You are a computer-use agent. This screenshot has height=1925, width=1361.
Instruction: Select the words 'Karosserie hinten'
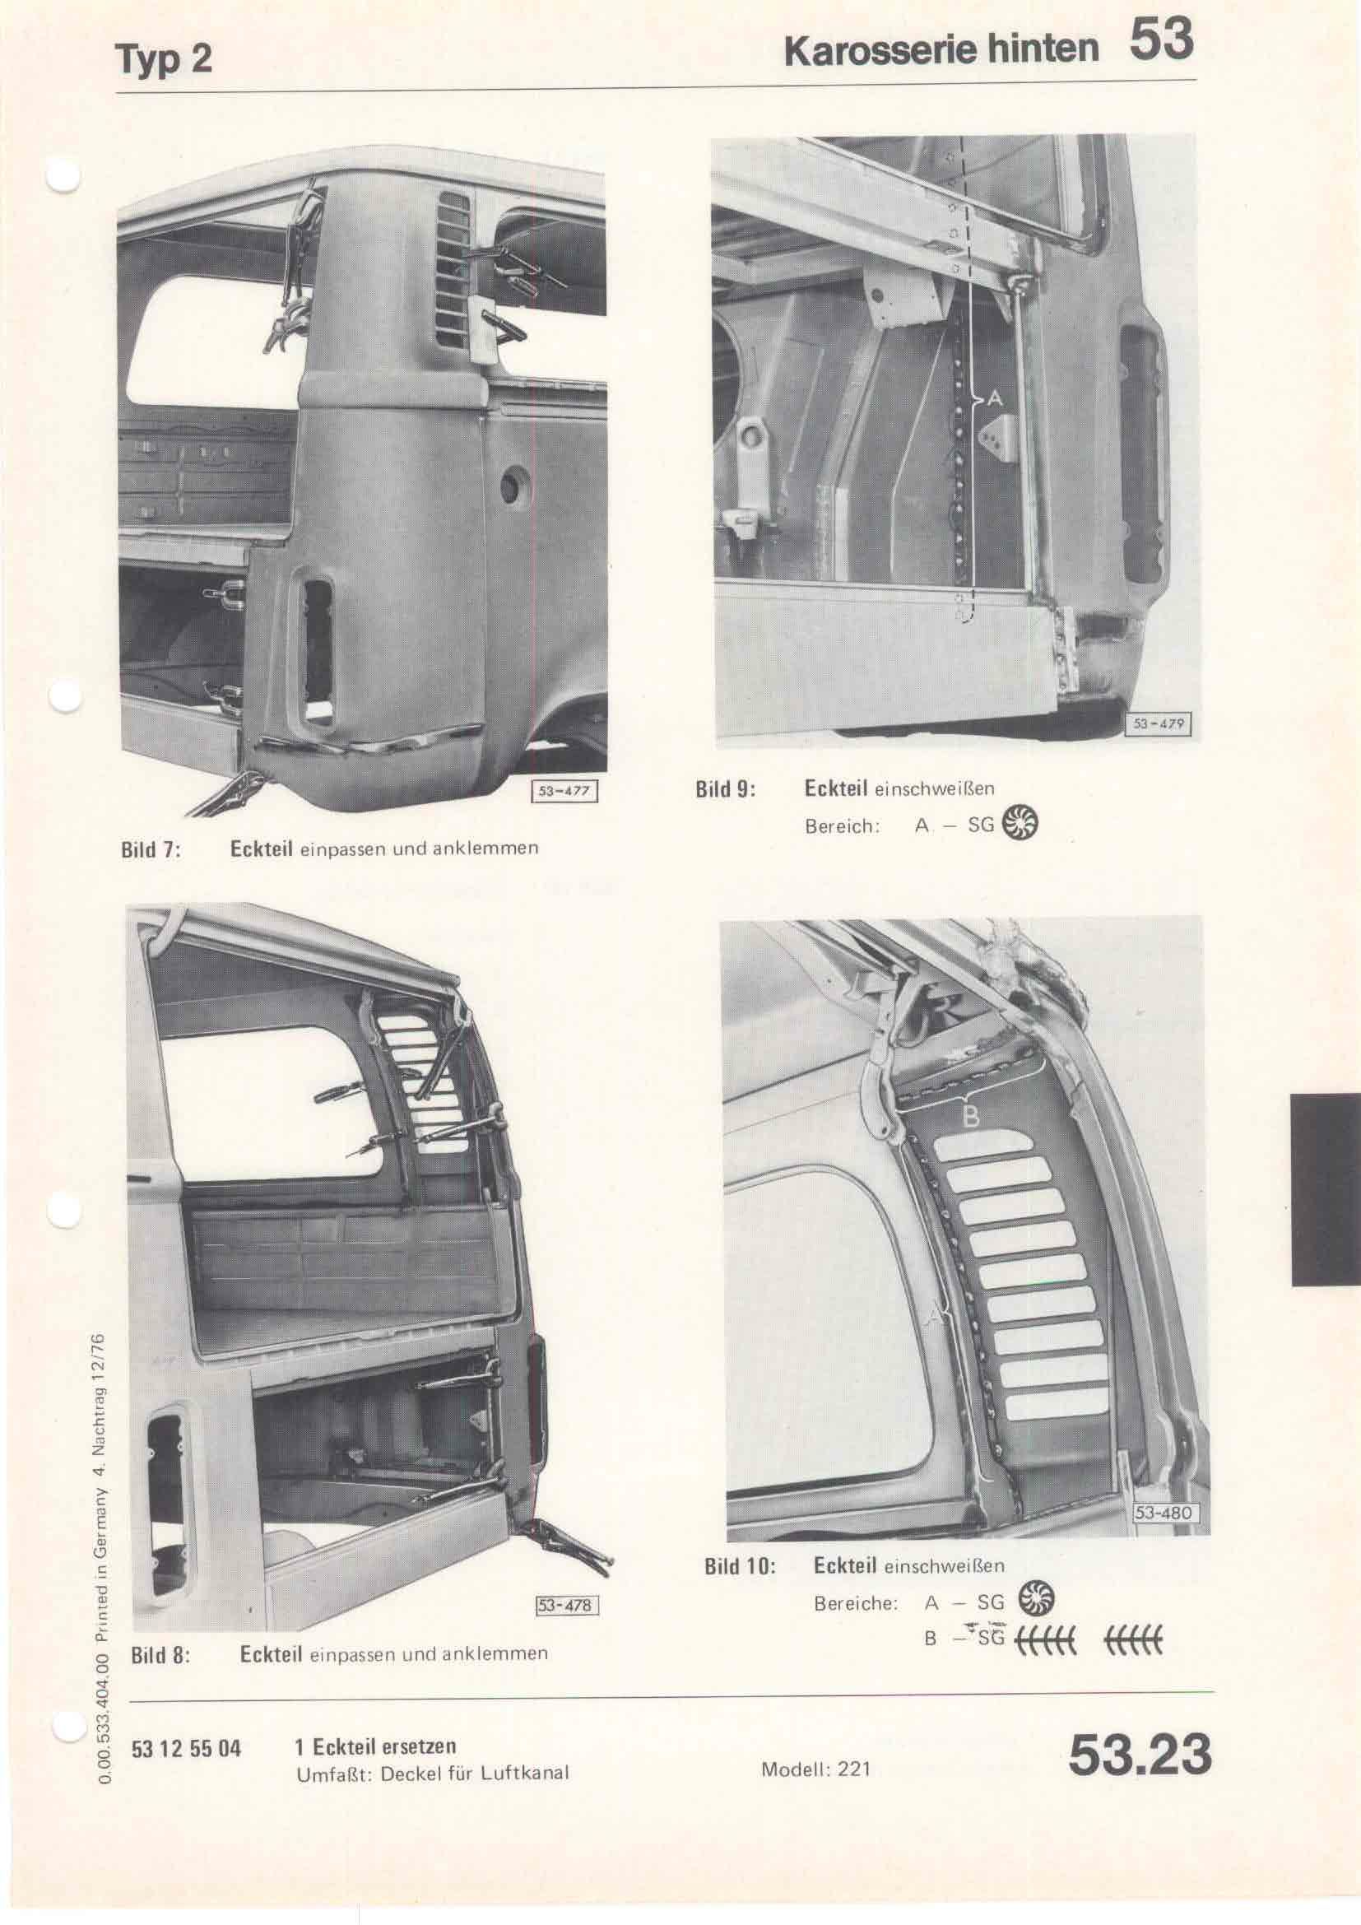pos(941,49)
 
